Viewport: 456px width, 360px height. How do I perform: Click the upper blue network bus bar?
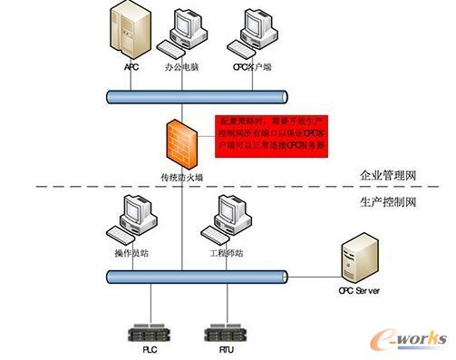196,93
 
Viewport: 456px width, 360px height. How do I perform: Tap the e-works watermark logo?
412,339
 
